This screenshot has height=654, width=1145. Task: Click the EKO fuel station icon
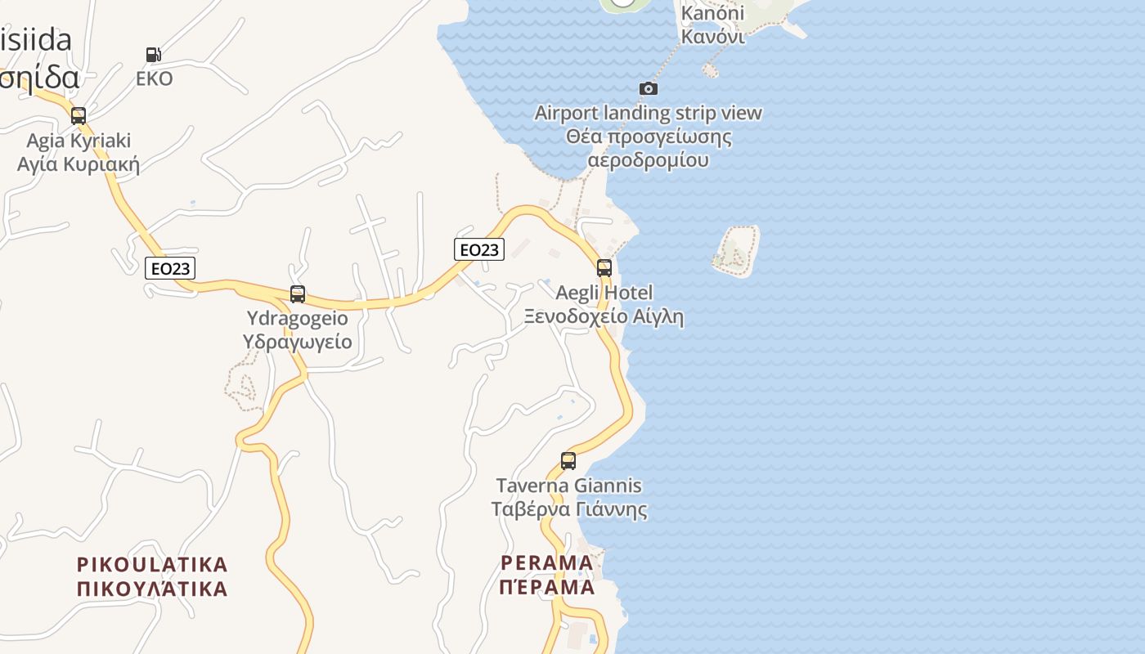153,55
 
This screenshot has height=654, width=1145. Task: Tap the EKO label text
155,78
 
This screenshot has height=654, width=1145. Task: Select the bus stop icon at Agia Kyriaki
79,116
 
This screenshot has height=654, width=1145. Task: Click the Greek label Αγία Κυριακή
79,164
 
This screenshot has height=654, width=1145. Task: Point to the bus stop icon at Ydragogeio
298,294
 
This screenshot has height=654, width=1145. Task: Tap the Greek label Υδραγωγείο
298,341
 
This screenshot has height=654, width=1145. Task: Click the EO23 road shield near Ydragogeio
170,267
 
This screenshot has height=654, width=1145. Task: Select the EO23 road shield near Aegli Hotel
479,249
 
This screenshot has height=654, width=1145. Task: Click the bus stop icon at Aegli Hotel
604,267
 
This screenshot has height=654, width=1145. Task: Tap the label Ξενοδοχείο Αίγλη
604,316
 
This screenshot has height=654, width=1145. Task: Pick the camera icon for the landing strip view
649,88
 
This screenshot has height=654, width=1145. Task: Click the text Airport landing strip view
649,113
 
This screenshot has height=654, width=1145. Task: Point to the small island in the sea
738,250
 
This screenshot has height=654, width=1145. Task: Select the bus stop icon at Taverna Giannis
568,460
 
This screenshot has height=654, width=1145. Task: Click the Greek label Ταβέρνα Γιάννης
569,510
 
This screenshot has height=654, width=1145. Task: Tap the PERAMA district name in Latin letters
547,562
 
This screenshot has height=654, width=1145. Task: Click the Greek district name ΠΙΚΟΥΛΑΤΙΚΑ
152,589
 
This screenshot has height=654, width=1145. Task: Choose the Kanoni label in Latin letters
713,13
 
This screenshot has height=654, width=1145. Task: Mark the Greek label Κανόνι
713,37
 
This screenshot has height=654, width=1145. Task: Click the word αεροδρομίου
649,160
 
